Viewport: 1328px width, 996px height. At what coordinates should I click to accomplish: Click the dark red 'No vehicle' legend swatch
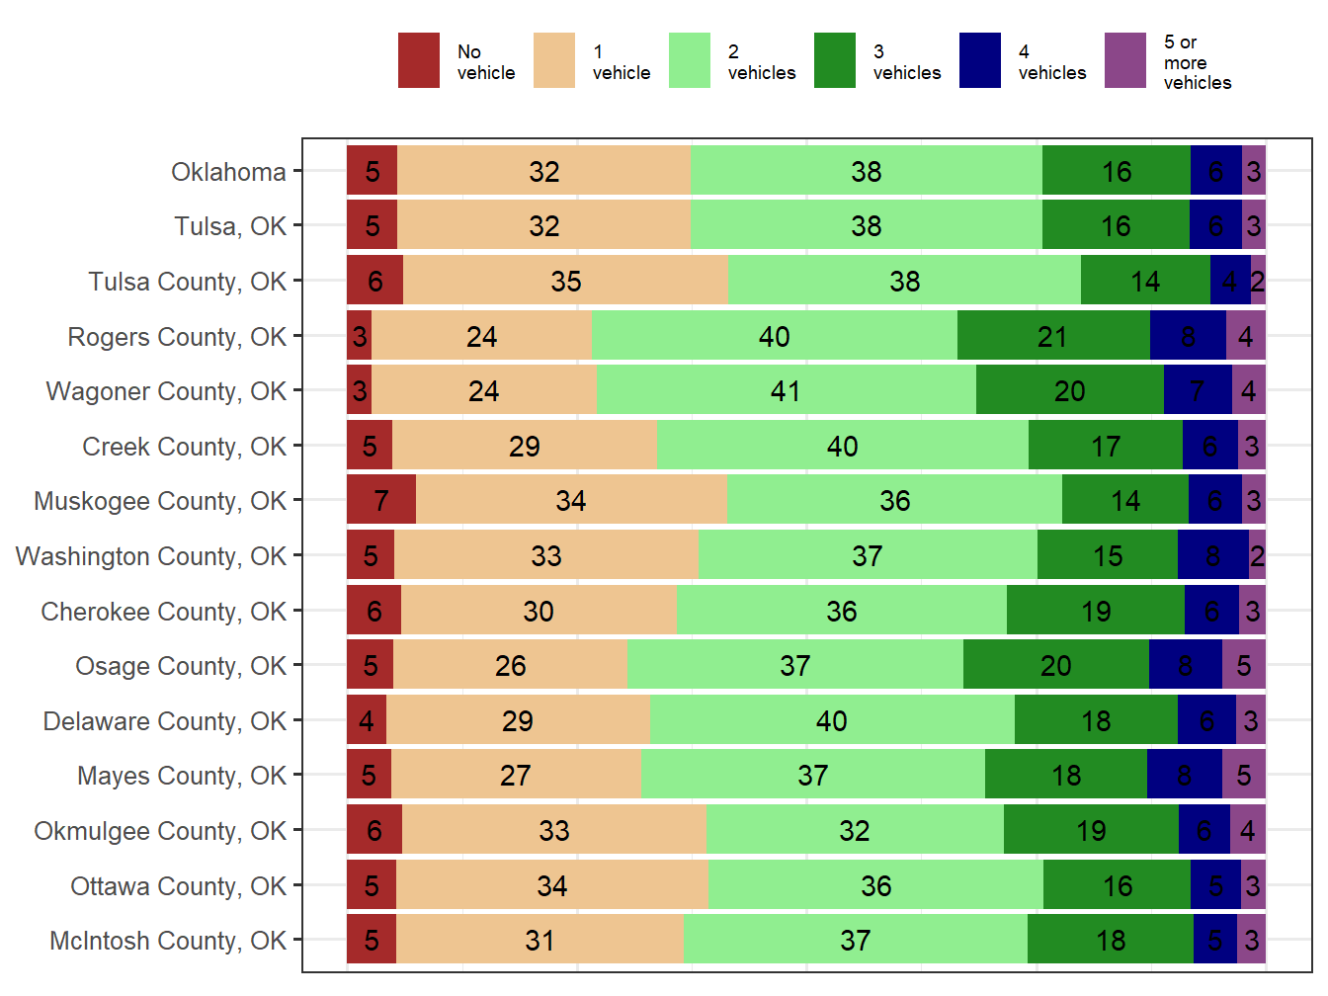pyautogui.click(x=418, y=61)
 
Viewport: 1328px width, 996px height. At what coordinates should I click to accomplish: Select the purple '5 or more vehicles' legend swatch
pyautogui.click(x=1124, y=61)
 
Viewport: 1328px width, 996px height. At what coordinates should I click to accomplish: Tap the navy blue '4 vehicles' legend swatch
pyautogui.click(x=979, y=61)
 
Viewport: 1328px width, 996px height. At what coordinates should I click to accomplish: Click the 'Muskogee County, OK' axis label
pyautogui.click(x=160, y=501)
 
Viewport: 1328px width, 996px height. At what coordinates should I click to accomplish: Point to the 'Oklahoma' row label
pyautogui.click(x=228, y=172)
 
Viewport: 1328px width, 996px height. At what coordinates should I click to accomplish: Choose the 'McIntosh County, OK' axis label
pyautogui.click(x=168, y=941)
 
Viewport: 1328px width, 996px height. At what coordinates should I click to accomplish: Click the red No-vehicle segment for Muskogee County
pyautogui.click(x=381, y=500)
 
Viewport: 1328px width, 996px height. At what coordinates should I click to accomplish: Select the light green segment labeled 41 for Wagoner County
pyautogui.click(x=786, y=390)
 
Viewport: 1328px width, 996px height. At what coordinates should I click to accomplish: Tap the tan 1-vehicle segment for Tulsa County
pyautogui.click(x=565, y=281)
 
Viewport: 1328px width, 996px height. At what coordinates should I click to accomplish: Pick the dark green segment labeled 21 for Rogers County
pyautogui.click(x=1053, y=336)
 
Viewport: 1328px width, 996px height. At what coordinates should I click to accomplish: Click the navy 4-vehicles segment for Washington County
pyautogui.click(x=1212, y=555)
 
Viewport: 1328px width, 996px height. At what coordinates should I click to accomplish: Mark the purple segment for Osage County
pyautogui.click(x=1243, y=665)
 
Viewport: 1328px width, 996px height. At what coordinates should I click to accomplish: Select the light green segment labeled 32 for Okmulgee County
pyautogui.click(x=855, y=830)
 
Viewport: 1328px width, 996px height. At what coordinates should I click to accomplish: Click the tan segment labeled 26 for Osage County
pyautogui.click(x=510, y=665)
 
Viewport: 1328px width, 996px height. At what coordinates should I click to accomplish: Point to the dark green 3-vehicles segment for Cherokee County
pyautogui.click(x=1095, y=611)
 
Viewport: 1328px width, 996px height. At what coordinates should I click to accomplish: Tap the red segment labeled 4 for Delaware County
pyautogui.click(x=367, y=720)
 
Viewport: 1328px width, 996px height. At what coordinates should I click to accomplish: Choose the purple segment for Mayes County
pyautogui.click(x=1243, y=775)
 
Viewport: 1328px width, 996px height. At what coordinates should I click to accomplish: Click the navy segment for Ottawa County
pyautogui.click(x=1215, y=885)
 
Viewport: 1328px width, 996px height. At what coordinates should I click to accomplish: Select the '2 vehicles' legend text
pyautogui.click(x=761, y=62)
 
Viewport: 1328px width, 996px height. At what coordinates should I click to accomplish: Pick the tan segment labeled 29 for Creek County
pyautogui.click(x=525, y=446)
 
